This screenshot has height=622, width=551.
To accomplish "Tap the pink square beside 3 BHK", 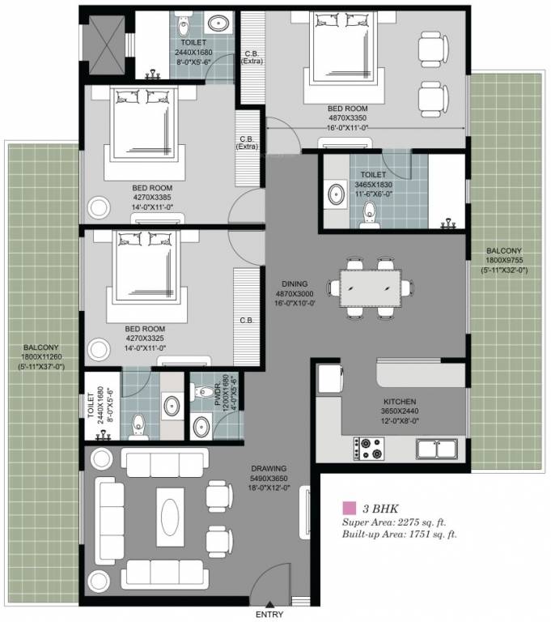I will (x=349, y=509).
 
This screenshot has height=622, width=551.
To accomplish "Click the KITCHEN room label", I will (x=400, y=402).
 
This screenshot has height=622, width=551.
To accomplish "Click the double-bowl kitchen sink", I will (x=438, y=446).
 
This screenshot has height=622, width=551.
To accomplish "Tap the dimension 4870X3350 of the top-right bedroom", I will (x=348, y=117).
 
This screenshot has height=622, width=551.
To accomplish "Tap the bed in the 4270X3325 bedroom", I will (x=146, y=275).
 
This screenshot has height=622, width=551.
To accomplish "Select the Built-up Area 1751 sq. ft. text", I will (x=400, y=535).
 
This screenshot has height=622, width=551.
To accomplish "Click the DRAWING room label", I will (x=269, y=479).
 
